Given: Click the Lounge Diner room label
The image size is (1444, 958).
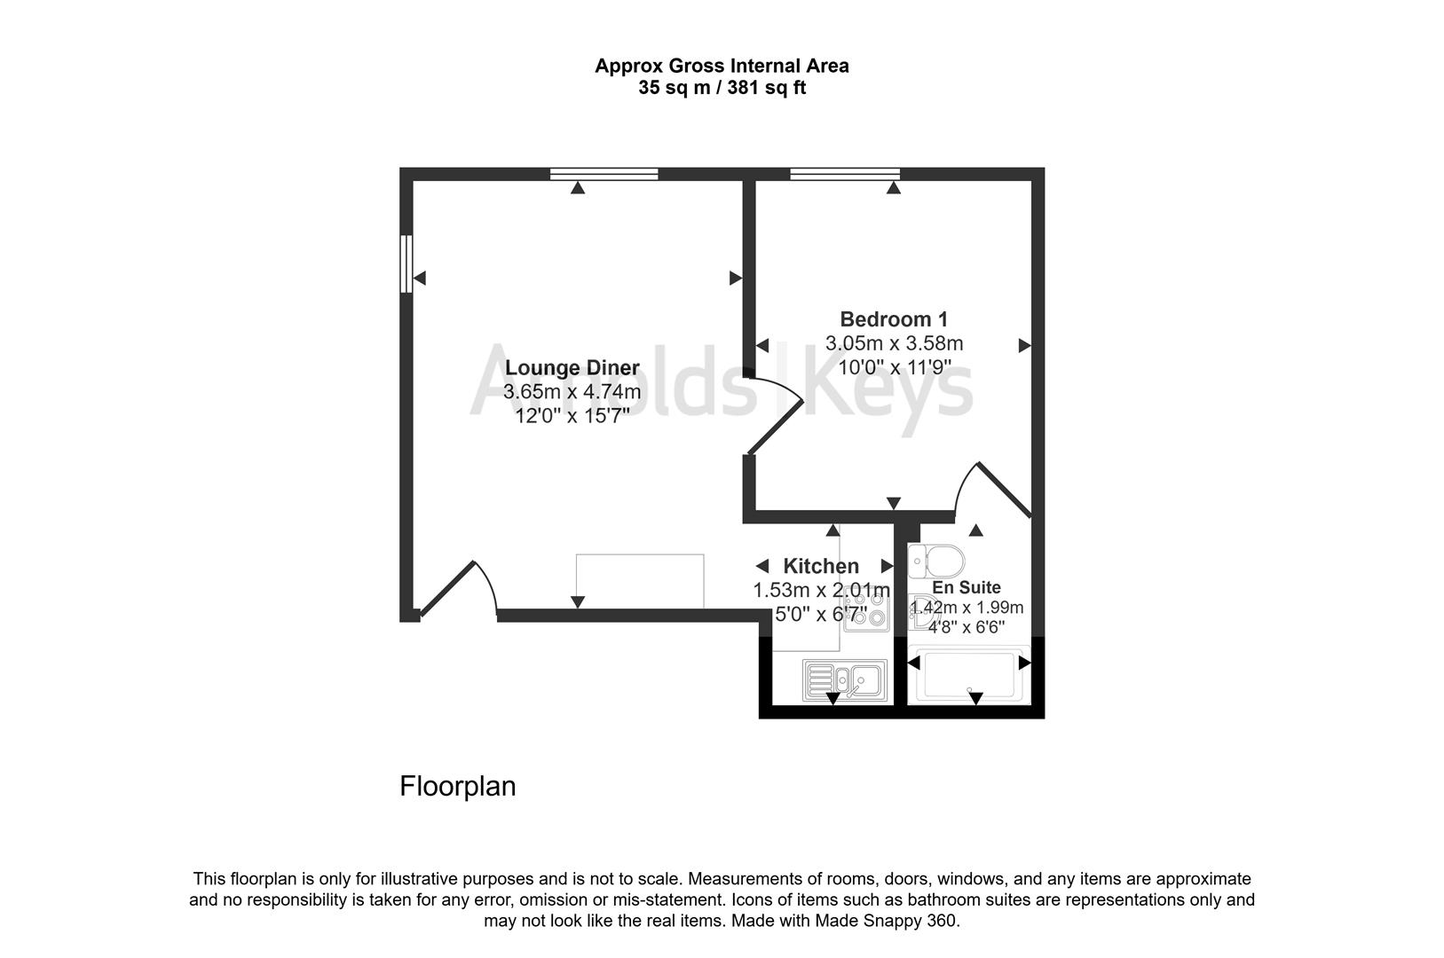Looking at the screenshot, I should click(572, 368).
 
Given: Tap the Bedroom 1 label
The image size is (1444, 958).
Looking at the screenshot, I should click(894, 319).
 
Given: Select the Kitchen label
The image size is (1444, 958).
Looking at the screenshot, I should click(820, 566).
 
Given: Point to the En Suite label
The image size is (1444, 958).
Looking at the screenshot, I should click(967, 587).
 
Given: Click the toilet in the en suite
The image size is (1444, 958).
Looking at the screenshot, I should click(936, 561).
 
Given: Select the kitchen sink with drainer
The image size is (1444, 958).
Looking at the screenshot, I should click(844, 680).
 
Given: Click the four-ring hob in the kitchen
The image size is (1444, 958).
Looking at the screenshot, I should click(866, 612).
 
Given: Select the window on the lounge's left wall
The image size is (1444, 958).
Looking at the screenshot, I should click(406, 263).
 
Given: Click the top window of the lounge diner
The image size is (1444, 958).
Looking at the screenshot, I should click(604, 174).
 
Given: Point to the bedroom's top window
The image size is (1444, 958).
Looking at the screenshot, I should click(845, 174).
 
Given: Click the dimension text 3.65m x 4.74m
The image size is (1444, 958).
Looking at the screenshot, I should click(572, 392).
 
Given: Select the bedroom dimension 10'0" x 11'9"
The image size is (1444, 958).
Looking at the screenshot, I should click(894, 366).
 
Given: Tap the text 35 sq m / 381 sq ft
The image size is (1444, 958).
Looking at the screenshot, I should click(722, 89).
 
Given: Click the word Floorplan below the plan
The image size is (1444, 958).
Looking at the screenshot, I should click(457, 787).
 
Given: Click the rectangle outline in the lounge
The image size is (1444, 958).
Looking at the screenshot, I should click(639, 580).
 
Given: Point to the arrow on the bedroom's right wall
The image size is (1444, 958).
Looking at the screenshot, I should click(1024, 346).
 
